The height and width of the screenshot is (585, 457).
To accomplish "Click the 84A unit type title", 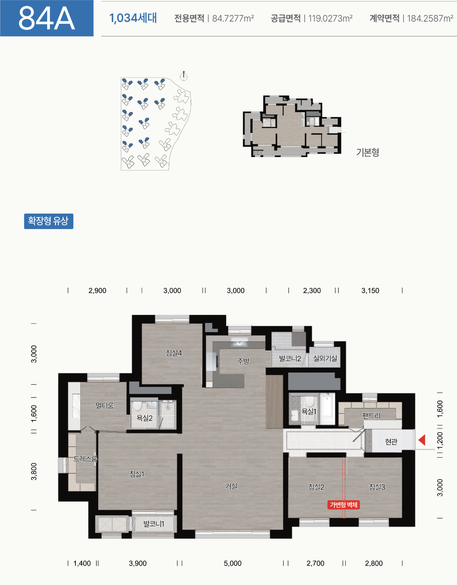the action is tap(47, 18).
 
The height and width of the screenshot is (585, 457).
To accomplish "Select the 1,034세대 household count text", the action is tap(133, 18).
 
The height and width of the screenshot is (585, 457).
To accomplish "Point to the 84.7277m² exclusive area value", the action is tap(233, 18).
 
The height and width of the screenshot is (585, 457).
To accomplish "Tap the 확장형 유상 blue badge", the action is tap(48, 221).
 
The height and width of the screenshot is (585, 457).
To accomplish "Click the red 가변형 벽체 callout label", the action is tap(343, 505).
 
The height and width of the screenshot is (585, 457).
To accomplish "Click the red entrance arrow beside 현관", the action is tap(422, 440).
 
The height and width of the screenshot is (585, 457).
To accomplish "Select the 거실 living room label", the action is tap(231, 486).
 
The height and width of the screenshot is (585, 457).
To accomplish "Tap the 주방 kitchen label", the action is tap(243, 361).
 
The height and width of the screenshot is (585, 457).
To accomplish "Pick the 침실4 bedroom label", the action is tap(174, 353).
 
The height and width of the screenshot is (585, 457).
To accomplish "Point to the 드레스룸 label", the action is tap(85, 458).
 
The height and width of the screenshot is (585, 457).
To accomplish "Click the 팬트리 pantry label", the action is tap(371, 416).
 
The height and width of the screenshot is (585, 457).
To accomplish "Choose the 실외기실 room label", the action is tap(325, 358).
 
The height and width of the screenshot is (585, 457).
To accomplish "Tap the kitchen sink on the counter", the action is tap(239, 342).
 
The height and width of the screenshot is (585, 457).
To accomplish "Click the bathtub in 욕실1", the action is tap(327, 409).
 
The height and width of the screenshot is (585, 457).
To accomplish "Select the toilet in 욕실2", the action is tap(137, 406).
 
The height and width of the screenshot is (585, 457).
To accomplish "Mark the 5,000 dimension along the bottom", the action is tap(233, 563).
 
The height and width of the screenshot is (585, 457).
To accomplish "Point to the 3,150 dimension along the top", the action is tap(370, 290).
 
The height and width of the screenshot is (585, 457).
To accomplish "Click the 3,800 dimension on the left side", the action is tap(34, 471).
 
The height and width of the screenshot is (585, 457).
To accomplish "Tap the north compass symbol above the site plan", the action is tap(184, 76).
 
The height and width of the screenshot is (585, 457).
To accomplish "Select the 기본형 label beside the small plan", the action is tap(368, 152).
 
